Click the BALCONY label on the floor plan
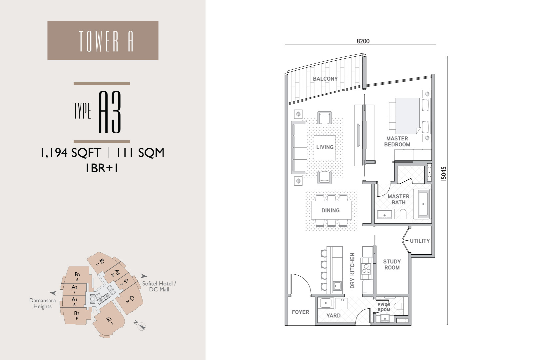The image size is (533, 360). tap(325, 79)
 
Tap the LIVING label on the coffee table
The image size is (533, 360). tap(324, 147)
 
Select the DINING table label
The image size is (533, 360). tap(330, 210)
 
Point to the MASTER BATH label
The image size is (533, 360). tap(398, 200)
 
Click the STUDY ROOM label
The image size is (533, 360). tap(392, 265)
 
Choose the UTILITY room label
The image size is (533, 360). tap(419, 241)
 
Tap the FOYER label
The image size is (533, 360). tap(300, 312)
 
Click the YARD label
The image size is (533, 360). tap(333, 316)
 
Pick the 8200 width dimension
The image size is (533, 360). tap(363, 41)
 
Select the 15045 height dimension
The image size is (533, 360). tap(443, 174)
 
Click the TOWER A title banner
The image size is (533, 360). tap(103, 41)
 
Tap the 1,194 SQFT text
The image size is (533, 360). tap(71, 153)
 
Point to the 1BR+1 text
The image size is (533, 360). tap(102, 168)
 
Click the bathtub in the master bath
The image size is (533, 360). tap(422, 204)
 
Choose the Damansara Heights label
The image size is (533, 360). tap(42, 303)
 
